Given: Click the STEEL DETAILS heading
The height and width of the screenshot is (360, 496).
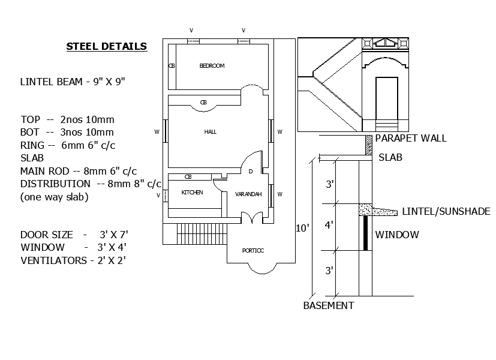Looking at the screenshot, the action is (107, 47).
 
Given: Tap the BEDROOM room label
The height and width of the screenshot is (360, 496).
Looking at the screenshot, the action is (212, 66).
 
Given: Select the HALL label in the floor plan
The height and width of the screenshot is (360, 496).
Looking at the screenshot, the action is (211, 132).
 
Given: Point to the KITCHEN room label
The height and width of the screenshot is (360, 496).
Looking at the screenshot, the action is (192, 193).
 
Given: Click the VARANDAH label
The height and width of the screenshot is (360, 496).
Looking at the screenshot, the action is (248, 194).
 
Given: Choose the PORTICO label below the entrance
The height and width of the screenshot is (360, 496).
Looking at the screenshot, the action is (253, 251).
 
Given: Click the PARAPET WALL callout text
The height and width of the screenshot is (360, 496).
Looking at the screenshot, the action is (411, 138).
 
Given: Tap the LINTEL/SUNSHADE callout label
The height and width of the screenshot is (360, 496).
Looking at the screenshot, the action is (446, 211).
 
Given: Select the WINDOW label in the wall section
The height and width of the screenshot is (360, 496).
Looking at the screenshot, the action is (397, 235).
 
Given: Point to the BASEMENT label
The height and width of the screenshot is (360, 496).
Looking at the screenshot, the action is (329, 305).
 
